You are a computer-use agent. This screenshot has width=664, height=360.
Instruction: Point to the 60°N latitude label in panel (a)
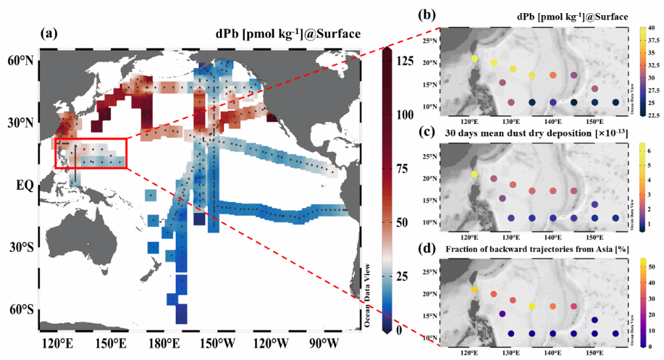(22, 61)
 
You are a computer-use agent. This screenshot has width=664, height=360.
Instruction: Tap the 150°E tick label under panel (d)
(594, 353)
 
